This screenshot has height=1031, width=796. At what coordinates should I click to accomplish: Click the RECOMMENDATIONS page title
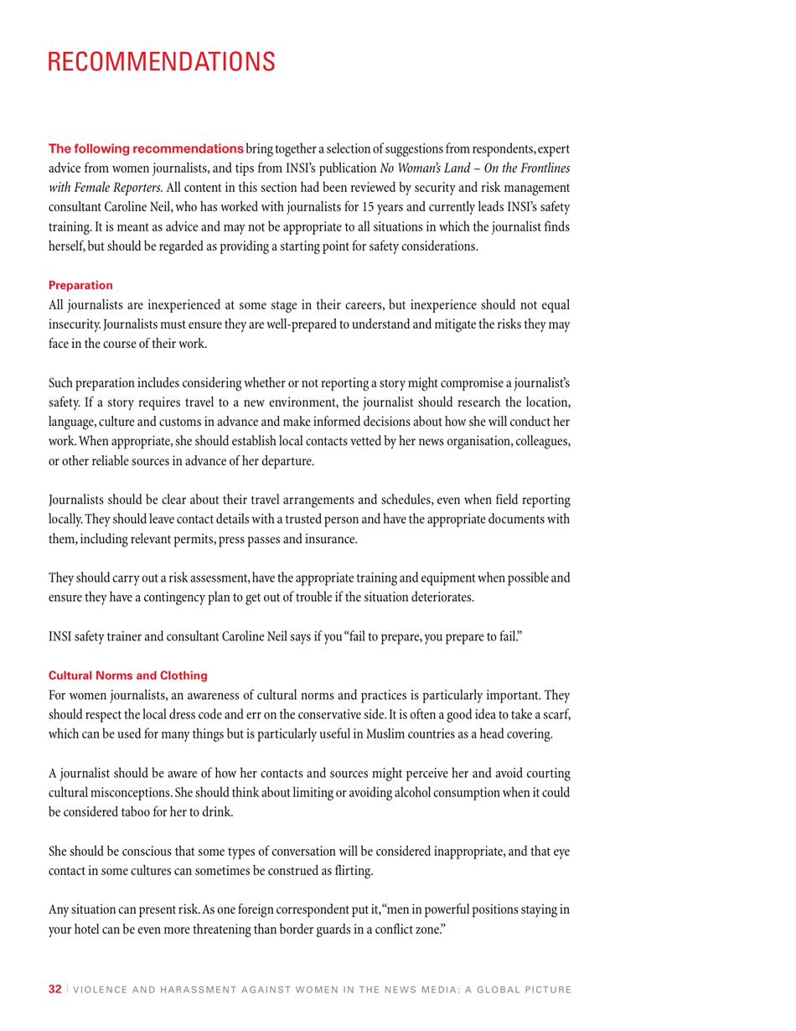161,62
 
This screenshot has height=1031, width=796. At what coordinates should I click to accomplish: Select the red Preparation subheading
80,285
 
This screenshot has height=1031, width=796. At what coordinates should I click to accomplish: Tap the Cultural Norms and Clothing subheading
127,675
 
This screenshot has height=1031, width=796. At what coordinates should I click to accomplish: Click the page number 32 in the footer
54,989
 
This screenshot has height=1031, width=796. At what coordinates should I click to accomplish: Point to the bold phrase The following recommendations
146,148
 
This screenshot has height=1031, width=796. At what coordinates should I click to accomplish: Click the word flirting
352,871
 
